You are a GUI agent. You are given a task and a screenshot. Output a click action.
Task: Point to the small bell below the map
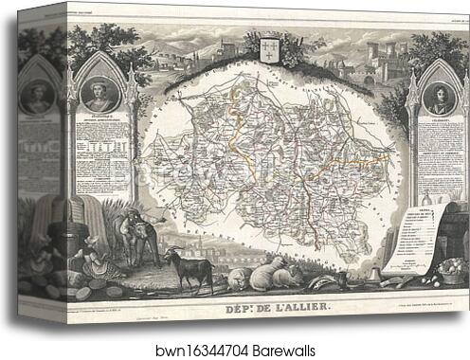[x=378, y=272]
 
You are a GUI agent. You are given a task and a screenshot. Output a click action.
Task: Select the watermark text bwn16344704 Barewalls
[x=235, y=348]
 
